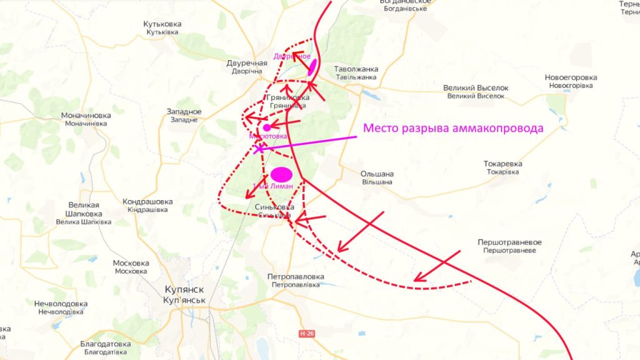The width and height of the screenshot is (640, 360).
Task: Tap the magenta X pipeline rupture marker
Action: pyautogui.click(x=259, y=149)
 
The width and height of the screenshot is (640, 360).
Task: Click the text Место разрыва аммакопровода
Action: pyautogui.click(x=453, y=128)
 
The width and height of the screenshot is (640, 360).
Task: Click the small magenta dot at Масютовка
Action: pyautogui.click(x=267, y=127)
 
